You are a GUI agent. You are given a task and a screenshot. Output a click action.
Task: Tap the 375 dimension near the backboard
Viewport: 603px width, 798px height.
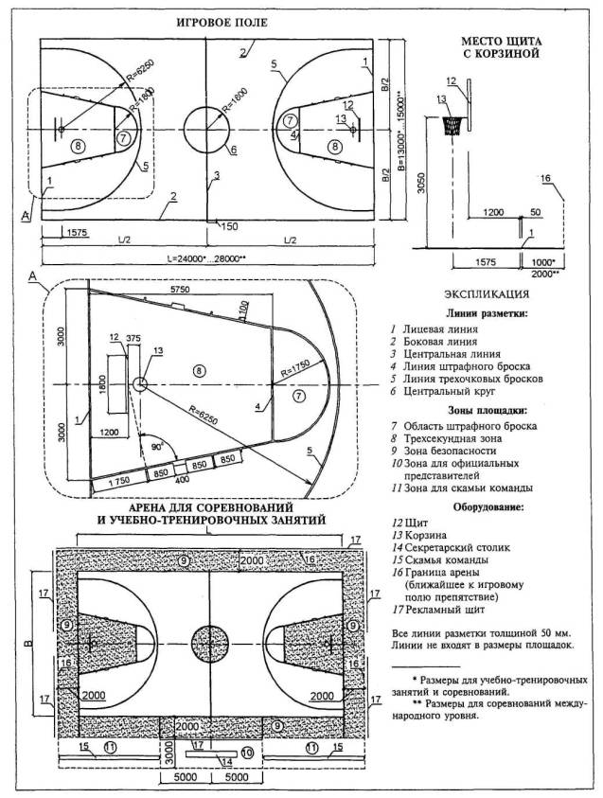(x=132, y=338)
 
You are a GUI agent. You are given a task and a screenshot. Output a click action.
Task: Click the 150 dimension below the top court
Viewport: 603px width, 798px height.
(x=228, y=226)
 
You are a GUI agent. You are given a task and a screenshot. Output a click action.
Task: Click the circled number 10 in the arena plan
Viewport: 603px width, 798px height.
(x=244, y=753)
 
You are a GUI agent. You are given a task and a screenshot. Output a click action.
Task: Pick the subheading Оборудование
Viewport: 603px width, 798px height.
(x=498, y=505)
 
